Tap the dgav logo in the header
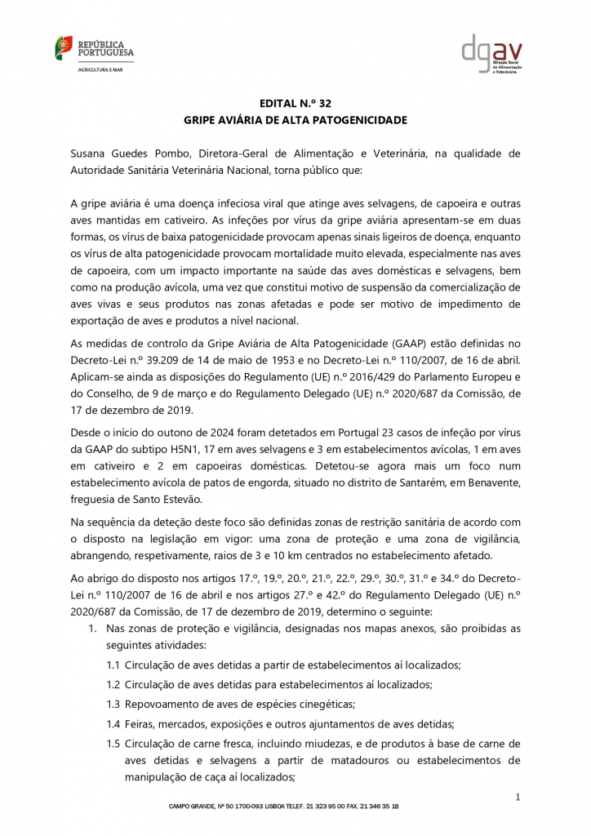[503, 53]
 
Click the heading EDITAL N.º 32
[295, 104]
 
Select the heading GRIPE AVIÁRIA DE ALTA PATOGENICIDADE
[295, 120]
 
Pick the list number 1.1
[113, 665]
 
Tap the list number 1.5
[113, 743]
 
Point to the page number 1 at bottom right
[518, 796]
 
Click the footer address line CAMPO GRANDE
[283, 807]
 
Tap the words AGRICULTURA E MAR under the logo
[96, 70]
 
